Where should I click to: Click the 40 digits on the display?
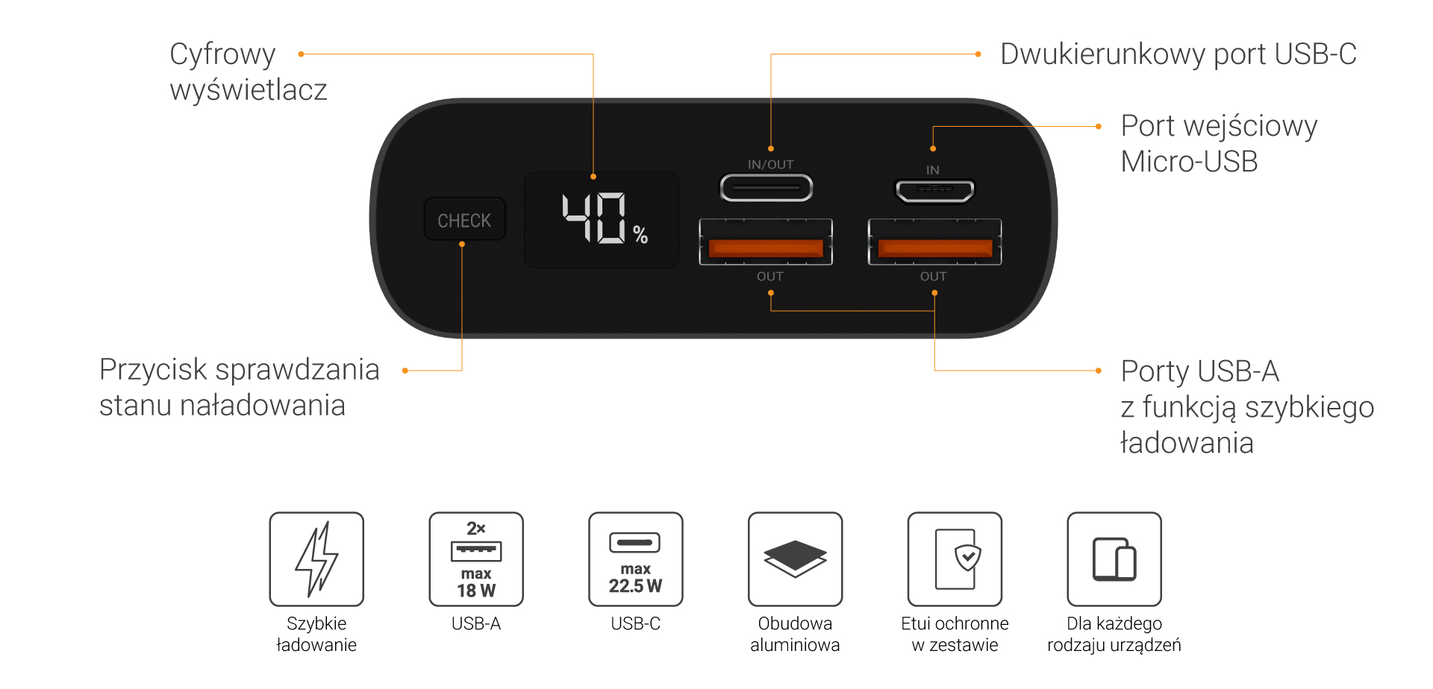(594, 218)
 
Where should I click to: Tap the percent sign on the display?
(640, 235)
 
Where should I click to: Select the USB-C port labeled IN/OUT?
(766, 188)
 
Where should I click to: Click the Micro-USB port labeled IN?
(934, 191)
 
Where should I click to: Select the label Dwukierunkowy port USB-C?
(1178, 54)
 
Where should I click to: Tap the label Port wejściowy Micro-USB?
(1218, 143)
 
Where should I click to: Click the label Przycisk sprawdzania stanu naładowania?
(239, 387)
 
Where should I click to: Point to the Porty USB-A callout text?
(1246, 406)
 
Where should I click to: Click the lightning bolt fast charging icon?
(316, 559)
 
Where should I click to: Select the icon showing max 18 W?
(476, 559)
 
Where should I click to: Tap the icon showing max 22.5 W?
(636, 559)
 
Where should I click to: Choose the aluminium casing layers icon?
(795, 559)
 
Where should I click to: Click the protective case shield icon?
(955, 559)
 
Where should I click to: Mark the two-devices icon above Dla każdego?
(1114, 559)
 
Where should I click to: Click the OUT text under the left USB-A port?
(769, 277)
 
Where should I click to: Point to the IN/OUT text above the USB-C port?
(770, 165)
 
